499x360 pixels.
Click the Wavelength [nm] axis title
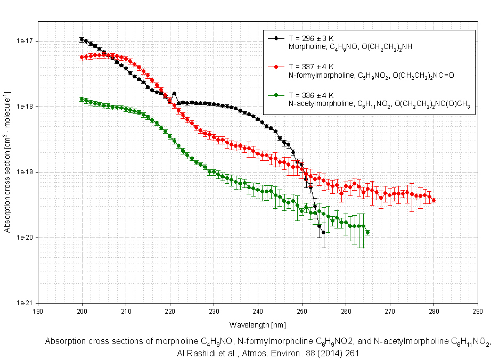point(258,324)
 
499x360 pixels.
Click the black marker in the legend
point(276,38)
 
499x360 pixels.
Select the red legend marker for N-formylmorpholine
point(276,67)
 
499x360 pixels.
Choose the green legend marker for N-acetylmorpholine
point(276,95)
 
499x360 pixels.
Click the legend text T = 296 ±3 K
point(311,38)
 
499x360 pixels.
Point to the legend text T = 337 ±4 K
point(311,67)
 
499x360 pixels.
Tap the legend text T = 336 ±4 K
point(311,95)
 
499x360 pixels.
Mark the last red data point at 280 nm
point(433,200)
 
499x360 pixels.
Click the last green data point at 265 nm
point(368,232)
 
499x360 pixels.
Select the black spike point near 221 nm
point(174,94)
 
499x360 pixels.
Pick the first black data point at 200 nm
point(81,39)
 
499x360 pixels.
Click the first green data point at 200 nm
point(81,99)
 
